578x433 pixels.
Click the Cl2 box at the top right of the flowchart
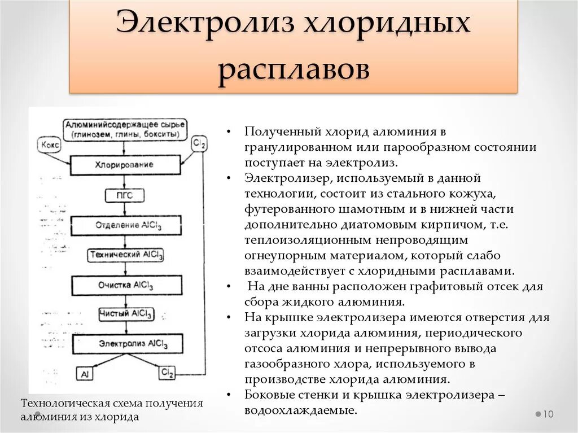[x=199, y=144]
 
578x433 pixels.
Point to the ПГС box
[x=125, y=195]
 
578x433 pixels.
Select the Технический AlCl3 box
[x=126, y=255]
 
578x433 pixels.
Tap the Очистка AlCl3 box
[x=126, y=285]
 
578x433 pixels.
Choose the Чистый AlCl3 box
[x=125, y=314]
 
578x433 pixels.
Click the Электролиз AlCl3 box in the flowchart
[x=127, y=343]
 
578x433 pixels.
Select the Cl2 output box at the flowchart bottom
[x=167, y=373]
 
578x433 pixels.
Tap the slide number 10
[x=548, y=414]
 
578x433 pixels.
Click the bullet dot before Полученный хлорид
[x=228, y=132]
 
